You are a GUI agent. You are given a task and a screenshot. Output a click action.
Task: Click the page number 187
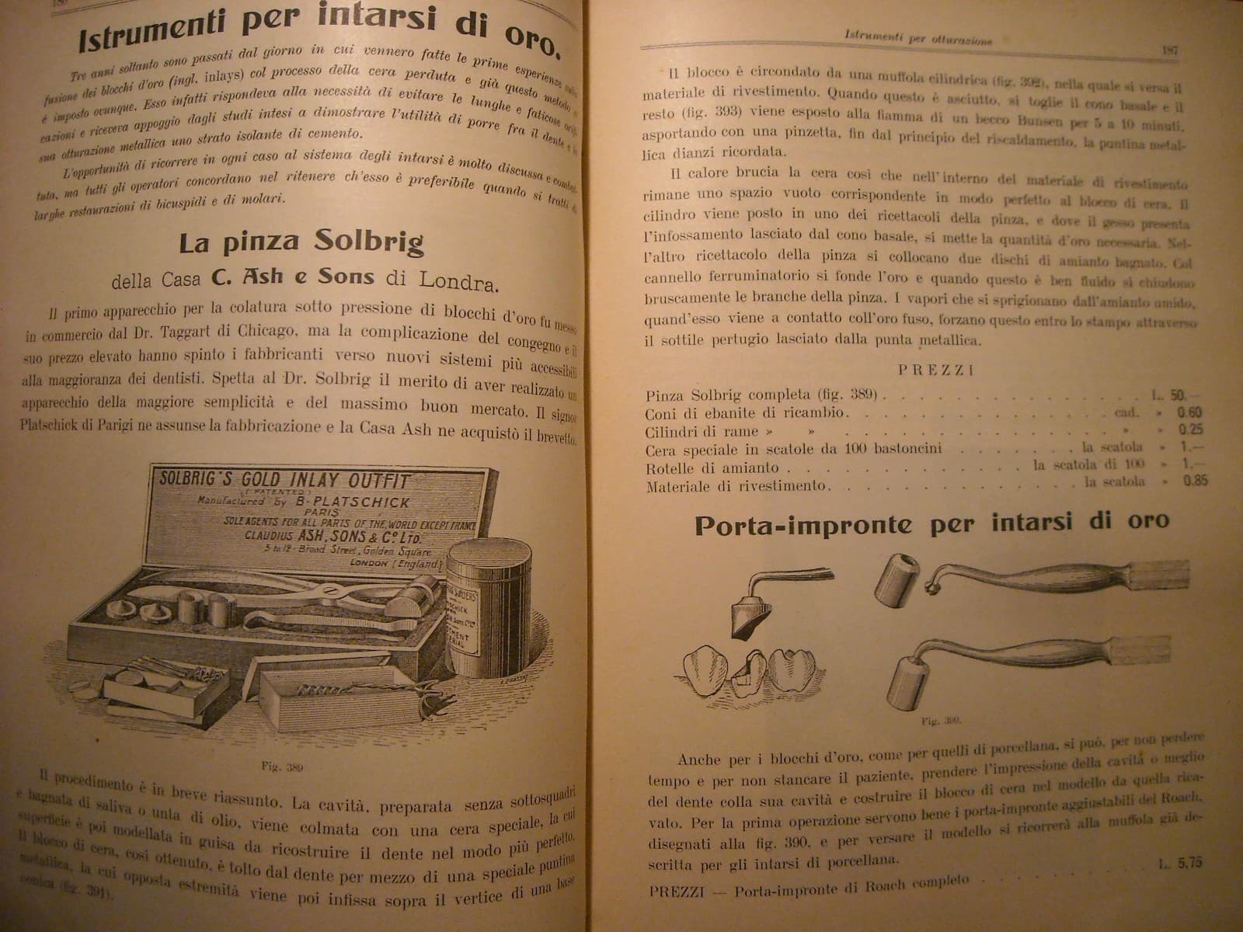(x=1169, y=50)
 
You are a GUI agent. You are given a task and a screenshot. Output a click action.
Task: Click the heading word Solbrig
(x=369, y=243)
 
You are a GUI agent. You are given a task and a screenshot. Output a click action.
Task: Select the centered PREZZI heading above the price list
(x=935, y=370)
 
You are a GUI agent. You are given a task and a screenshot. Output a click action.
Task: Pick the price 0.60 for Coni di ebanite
(x=1189, y=412)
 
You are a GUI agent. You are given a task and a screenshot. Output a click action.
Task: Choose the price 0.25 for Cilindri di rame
(x=1190, y=429)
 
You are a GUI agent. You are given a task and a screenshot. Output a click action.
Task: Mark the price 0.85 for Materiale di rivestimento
(x=1195, y=481)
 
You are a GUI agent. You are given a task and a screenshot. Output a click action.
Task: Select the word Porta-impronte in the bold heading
(x=803, y=526)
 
